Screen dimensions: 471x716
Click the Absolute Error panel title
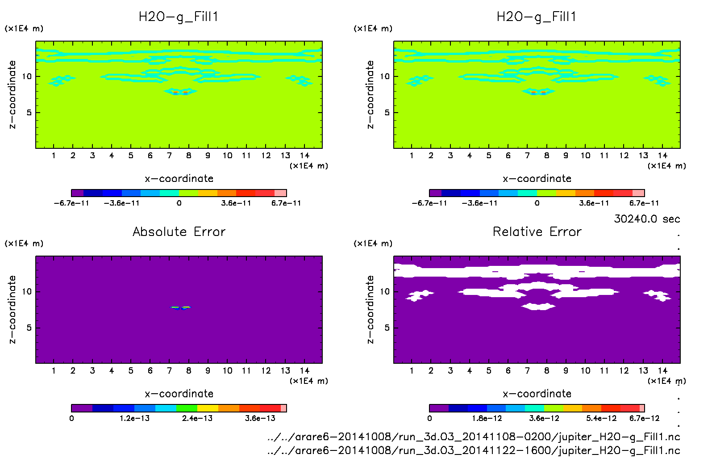click(179, 231)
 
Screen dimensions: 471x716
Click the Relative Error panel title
click(537, 231)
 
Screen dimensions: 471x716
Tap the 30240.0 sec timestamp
click(647, 219)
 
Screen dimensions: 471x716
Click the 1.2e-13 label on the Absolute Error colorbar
click(134, 418)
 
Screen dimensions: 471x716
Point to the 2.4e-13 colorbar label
click(197, 418)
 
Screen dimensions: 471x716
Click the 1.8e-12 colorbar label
click(487, 418)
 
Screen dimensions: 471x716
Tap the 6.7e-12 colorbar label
click(644, 418)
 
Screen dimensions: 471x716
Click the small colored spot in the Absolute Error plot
click(181, 307)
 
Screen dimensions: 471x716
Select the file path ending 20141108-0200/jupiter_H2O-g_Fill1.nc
click(474, 437)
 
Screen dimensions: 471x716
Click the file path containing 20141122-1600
click(474, 450)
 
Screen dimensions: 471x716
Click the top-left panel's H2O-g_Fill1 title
click(179, 17)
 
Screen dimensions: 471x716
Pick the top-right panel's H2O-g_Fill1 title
click(537, 17)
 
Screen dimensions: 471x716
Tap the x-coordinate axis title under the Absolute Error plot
click(179, 394)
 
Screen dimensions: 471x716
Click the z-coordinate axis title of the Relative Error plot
click(370, 309)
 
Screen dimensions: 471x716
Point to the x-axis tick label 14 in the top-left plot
click(304, 156)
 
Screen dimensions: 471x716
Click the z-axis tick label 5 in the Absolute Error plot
click(29, 328)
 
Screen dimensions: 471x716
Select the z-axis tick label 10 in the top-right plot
click(384, 76)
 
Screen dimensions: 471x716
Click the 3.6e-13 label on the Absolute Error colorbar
click(260, 418)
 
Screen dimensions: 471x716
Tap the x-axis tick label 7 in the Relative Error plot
click(527, 370)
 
